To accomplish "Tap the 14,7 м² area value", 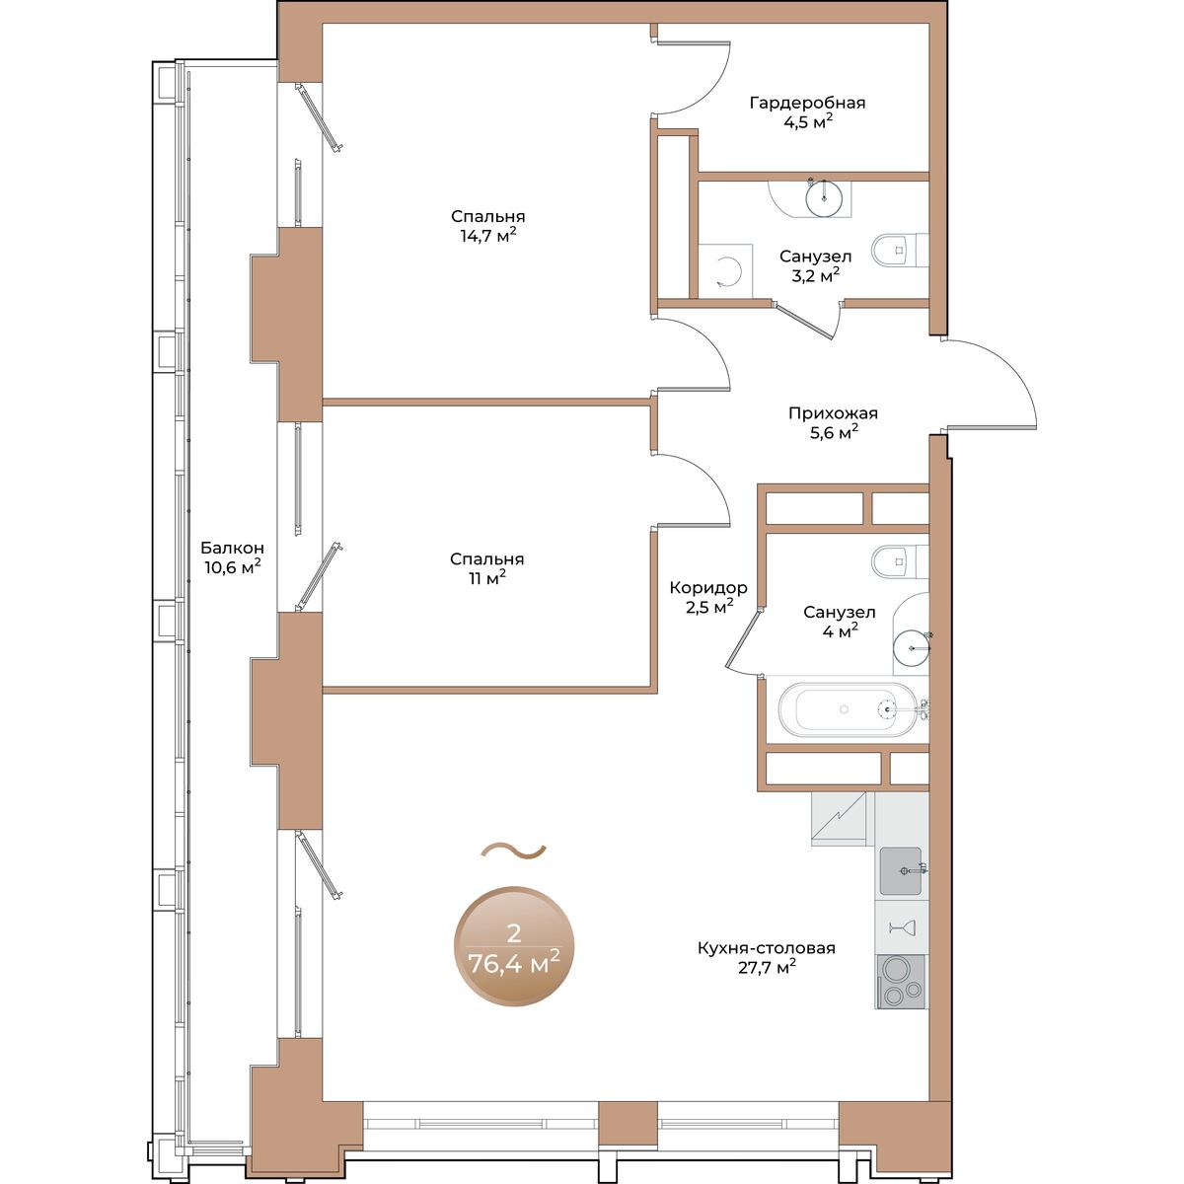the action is coord(487,236).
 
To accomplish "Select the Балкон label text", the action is coord(232,547).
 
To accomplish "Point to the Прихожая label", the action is coord(833,413).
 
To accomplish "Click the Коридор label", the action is coord(708,588).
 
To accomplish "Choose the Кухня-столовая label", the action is coord(767,948).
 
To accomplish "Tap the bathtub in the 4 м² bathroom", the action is coord(848,709).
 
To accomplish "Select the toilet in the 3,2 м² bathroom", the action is coord(900,250).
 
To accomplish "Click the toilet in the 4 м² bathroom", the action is coord(900,561).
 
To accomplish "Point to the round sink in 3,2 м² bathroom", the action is coord(823,198).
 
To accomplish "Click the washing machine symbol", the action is coord(725,271).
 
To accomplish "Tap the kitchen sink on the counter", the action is coord(901,870).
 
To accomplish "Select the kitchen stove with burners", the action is coord(902,990).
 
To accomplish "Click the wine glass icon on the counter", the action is coord(902,927).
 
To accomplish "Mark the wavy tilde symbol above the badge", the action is coord(514,851).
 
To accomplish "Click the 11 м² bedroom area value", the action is coord(487,577).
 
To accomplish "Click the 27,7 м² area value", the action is coord(767,968).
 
